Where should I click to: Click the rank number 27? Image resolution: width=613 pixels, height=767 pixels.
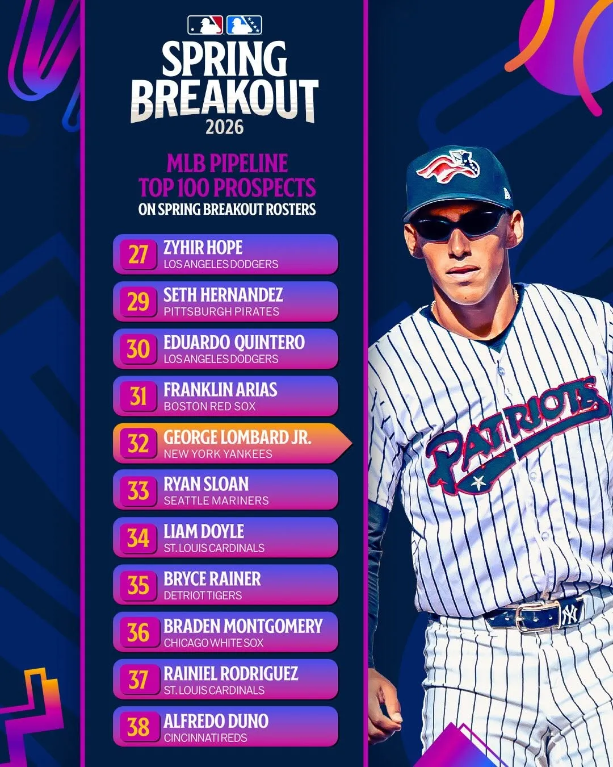(x=138, y=255)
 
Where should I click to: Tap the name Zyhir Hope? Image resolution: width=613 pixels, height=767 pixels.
(x=203, y=248)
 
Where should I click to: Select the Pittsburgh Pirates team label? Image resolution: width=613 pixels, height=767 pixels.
(x=221, y=311)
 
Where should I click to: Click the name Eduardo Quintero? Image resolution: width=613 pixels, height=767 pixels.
(x=234, y=342)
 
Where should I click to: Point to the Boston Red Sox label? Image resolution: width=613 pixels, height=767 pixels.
(x=209, y=406)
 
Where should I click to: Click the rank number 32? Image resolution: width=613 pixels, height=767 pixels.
(x=138, y=444)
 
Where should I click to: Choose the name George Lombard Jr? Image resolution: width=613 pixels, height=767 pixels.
(x=237, y=437)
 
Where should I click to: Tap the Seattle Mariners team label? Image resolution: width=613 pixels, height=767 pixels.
(x=216, y=501)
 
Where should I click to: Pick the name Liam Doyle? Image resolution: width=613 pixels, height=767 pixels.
(x=204, y=532)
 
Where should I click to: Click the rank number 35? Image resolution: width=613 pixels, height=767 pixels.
(x=138, y=586)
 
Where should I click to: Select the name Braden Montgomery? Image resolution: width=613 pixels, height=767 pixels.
(x=243, y=626)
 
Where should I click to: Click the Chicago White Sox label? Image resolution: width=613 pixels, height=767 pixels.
(x=213, y=643)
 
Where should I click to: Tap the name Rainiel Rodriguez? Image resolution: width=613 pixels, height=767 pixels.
(x=230, y=674)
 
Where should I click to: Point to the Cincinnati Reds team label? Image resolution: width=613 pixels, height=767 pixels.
(x=205, y=737)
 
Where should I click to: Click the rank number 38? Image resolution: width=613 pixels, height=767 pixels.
(x=138, y=727)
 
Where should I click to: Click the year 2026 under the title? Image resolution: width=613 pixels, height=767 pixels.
(x=224, y=127)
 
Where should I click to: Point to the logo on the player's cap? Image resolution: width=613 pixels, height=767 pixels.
(x=448, y=165)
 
